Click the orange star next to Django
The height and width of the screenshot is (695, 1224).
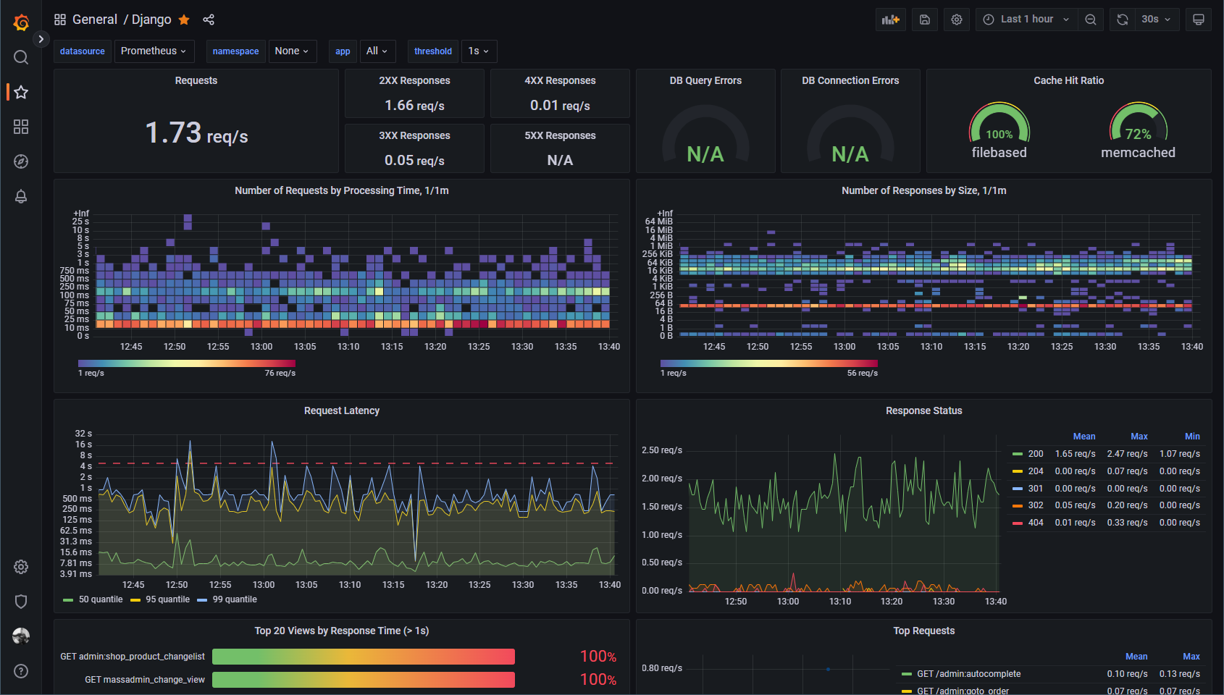(184, 20)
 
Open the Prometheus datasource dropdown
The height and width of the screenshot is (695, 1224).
(154, 51)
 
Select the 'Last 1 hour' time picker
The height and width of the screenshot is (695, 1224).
(1027, 20)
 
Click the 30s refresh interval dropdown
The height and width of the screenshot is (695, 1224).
(1156, 20)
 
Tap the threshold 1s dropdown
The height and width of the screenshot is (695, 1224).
(479, 51)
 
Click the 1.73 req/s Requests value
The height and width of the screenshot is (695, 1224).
(196, 132)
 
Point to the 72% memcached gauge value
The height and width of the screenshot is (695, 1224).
(1139, 135)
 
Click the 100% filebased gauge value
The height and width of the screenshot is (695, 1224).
(999, 135)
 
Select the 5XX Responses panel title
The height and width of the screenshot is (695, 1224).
(560, 135)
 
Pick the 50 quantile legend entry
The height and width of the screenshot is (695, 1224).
(93, 599)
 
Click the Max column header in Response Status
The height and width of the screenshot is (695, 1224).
(1139, 437)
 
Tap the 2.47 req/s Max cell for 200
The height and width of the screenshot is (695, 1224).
(1127, 454)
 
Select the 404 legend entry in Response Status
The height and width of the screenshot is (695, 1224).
(1028, 523)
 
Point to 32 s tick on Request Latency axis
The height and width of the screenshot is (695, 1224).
(83, 434)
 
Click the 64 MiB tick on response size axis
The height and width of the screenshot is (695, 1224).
(658, 222)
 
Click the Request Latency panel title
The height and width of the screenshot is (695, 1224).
(342, 411)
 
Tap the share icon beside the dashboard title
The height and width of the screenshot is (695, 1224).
(209, 20)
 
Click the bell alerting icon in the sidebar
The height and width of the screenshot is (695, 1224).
(21, 197)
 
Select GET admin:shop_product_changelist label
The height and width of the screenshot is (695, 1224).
(133, 657)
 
